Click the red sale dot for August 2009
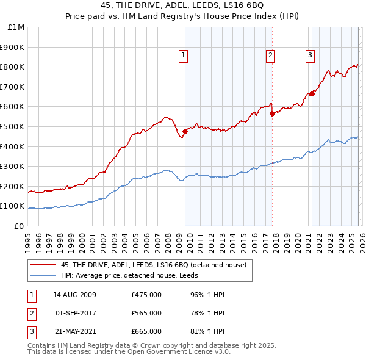[x=185, y=131]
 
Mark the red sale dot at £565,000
[x=272, y=113]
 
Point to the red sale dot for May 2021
[x=312, y=93]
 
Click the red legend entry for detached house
[x=153, y=265]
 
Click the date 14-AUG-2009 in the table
[x=74, y=295]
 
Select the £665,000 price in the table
[x=146, y=331]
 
